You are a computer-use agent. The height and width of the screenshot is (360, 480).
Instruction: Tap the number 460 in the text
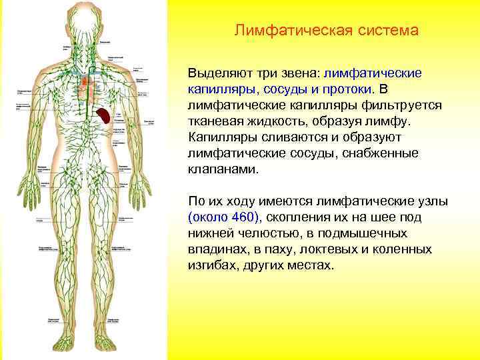coord(245,217)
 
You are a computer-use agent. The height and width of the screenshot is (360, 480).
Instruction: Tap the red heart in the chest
coord(85,85)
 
